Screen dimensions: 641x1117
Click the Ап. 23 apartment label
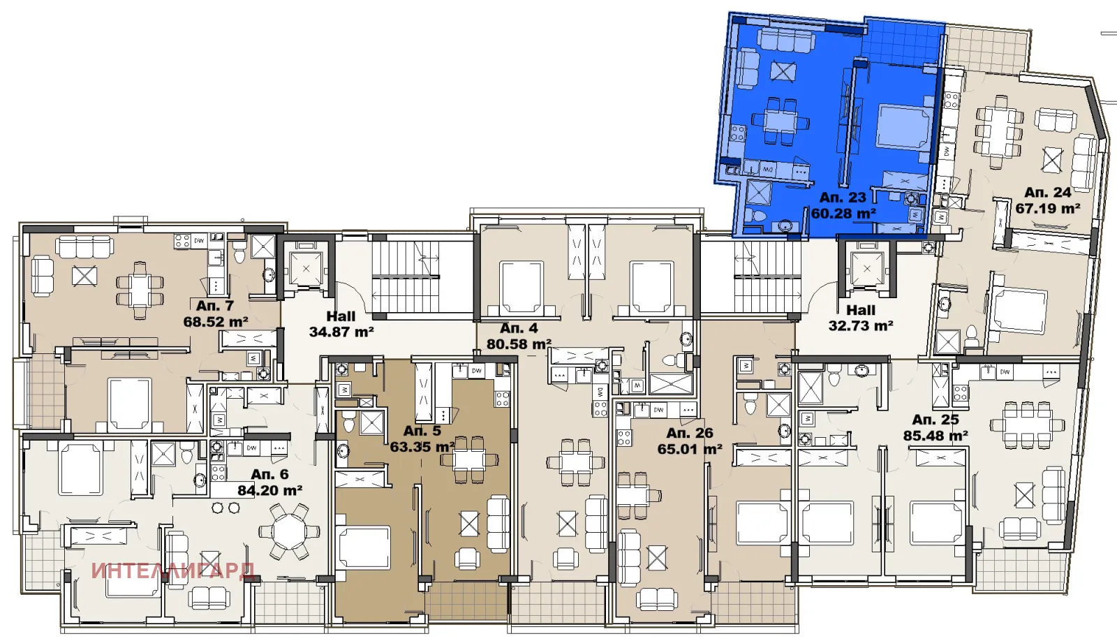(x=843, y=198)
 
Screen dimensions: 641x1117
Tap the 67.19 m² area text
(x=1048, y=208)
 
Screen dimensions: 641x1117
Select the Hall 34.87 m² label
(x=341, y=325)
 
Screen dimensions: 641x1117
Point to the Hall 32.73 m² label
(x=861, y=318)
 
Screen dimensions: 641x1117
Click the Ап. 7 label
(x=215, y=306)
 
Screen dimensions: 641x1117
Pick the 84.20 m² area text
(x=269, y=490)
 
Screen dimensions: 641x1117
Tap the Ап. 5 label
(x=422, y=431)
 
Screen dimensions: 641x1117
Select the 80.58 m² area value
(x=519, y=344)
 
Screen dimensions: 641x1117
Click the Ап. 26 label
(x=690, y=433)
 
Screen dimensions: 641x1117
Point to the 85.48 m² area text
(x=935, y=436)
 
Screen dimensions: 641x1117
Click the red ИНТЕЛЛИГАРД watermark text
(x=172, y=570)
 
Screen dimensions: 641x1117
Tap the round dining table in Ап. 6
(x=288, y=532)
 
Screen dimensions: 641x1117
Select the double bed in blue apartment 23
(x=903, y=127)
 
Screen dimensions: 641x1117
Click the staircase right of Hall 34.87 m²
(x=405, y=277)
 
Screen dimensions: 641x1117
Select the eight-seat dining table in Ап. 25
(x=1026, y=424)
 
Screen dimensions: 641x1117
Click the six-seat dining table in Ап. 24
(x=999, y=131)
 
